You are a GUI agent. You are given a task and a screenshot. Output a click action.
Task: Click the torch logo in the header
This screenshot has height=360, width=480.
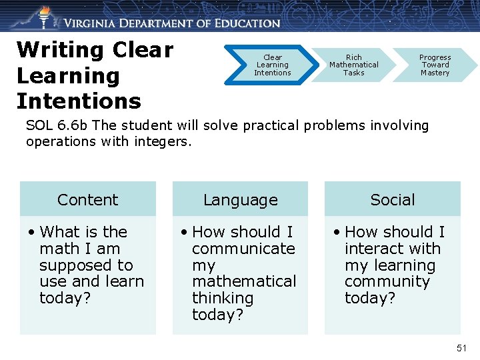[44, 16]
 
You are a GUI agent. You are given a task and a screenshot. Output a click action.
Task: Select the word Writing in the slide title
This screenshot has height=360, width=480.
[61, 50]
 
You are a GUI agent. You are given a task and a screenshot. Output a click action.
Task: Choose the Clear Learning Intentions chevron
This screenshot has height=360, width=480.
[272, 65]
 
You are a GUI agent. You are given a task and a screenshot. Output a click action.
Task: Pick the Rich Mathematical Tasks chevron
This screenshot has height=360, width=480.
[353, 65]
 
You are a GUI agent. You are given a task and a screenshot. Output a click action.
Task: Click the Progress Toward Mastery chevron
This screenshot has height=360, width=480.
[435, 65]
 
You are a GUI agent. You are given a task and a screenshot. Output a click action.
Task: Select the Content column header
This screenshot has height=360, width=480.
[87, 199]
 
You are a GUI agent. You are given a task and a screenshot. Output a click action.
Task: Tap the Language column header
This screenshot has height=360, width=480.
[240, 199]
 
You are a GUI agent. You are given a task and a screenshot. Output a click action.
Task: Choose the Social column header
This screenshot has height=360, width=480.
[393, 199]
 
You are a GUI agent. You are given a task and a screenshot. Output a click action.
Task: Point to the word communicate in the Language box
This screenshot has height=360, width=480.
[243, 249]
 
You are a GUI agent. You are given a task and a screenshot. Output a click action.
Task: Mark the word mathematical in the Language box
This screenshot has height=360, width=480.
[243, 281]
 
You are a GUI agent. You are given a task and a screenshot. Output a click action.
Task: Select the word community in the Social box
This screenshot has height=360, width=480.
[387, 281]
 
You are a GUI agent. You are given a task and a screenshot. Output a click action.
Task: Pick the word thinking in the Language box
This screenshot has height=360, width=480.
[223, 298]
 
